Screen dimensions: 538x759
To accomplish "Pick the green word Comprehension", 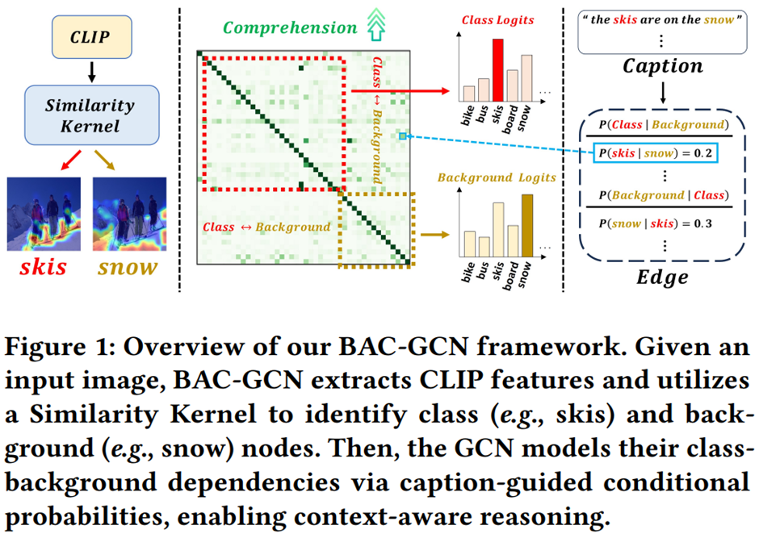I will (290, 28).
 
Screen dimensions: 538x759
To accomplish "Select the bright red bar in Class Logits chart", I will (499, 69).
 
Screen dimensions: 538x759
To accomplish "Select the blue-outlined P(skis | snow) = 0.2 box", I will (656, 152).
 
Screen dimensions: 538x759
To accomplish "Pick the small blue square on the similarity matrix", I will (402, 137).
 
